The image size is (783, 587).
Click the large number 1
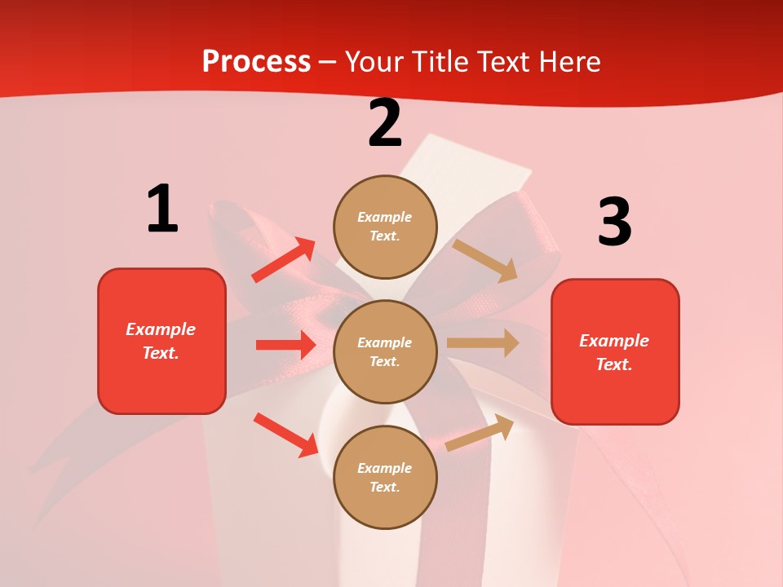point(161,210)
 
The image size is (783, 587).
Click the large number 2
point(385,123)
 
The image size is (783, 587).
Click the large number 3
point(614,223)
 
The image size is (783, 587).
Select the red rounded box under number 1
point(161,341)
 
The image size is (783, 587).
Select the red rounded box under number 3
point(615,351)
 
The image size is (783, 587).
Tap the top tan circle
point(385,226)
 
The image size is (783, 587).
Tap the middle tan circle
point(385,351)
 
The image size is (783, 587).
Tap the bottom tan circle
point(385,477)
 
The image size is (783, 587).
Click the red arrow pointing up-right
point(284,260)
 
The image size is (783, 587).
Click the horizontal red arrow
point(285,345)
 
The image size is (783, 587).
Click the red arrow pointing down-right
point(286,435)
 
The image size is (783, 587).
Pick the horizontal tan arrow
point(483,342)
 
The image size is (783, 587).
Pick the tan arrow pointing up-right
point(480,433)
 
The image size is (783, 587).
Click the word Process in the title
point(256,61)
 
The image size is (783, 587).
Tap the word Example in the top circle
point(385,217)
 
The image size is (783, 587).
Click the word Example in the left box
point(161,329)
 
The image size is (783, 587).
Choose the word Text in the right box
point(612,364)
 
